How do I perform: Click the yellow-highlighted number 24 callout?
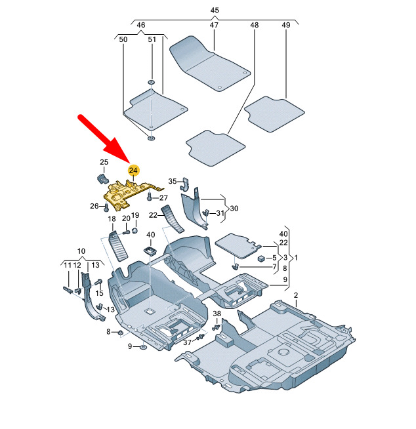[x=134, y=171]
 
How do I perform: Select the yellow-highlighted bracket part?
[x=129, y=194]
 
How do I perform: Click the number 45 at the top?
[x=215, y=10]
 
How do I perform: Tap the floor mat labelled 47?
[x=209, y=64]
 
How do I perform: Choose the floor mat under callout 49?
[x=274, y=114]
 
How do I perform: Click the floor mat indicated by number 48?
[x=215, y=148]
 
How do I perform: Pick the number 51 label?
[x=152, y=39]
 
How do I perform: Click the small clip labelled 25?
[x=103, y=178]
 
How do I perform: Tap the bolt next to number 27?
[x=150, y=196]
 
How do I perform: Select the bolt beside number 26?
[x=106, y=208]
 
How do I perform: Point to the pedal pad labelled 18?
[x=119, y=246]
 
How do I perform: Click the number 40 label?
[x=150, y=235]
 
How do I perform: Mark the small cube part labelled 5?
[x=261, y=258]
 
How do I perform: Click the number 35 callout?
[x=173, y=181]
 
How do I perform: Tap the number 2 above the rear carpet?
[x=296, y=295]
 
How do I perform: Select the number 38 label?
[x=217, y=314]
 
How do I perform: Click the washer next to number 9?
[x=144, y=348]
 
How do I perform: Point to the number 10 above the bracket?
[x=81, y=251]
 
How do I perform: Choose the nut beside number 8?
[x=120, y=333]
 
